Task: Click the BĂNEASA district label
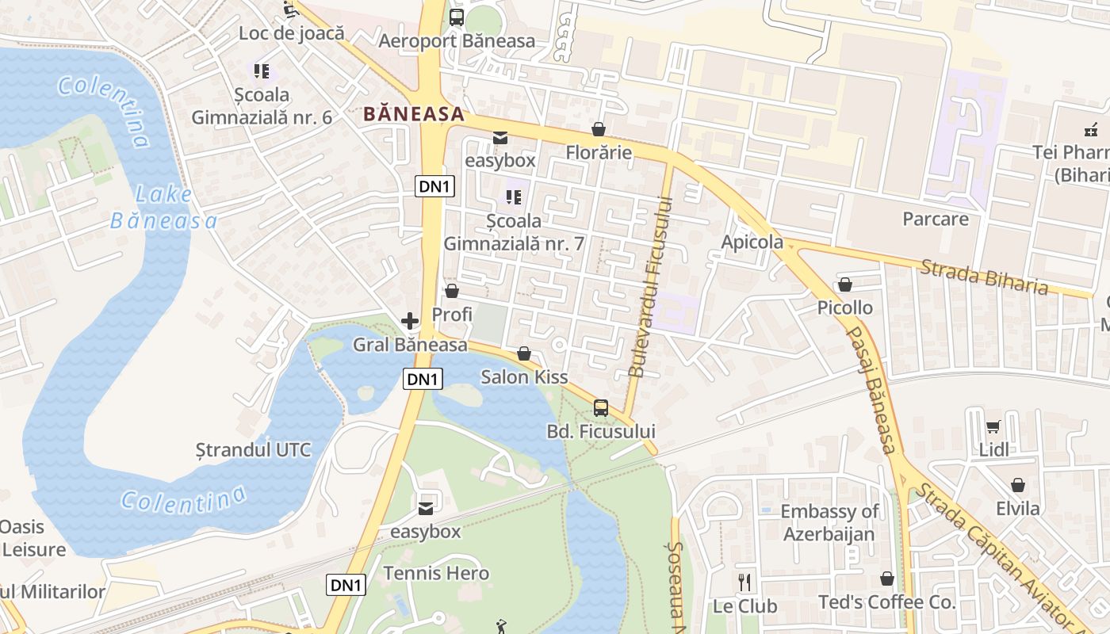point(414,114)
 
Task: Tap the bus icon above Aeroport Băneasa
point(456,17)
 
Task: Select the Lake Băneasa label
point(163,208)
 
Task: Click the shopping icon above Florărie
point(599,128)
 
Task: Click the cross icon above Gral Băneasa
point(410,321)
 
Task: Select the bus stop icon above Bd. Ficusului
point(601,408)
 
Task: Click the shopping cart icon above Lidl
point(993,427)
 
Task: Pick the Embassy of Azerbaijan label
point(829,522)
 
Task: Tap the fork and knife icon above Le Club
point(744,582)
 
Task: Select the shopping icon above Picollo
point(845,285)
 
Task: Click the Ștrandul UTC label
point(254,450)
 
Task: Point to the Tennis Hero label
point(436,573)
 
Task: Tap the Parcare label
point(936,219)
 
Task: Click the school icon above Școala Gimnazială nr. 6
point(262,71)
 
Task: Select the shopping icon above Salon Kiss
point(523,353)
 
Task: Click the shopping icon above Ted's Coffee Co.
point(886,579)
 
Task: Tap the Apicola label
point(752,243)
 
